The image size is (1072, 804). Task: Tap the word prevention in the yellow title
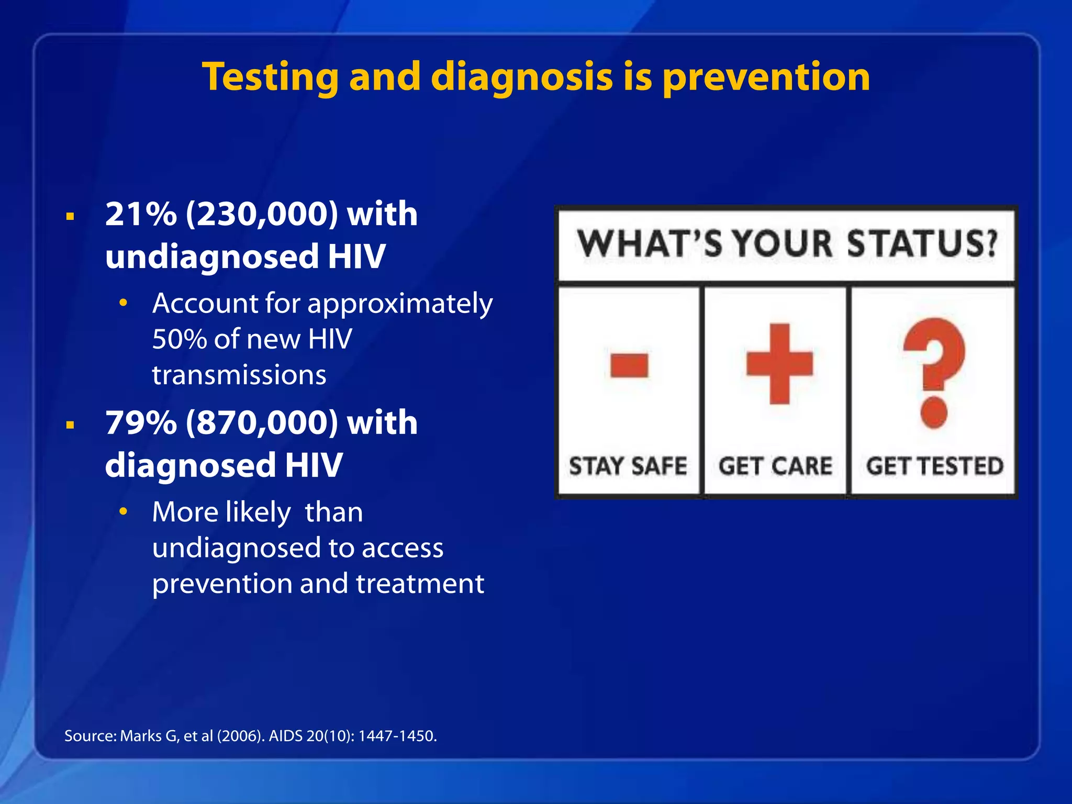pos(766,77)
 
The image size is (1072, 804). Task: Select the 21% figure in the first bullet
pos(141,214)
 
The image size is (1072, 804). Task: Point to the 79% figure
pos(141,422)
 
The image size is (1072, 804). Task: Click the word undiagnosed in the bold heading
pos(212,256)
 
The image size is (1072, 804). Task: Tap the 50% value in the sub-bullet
pos(179,339)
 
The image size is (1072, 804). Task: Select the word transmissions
pos(239,375)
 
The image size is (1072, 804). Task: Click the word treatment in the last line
pos(420,584)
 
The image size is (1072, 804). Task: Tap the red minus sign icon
pos(629,365)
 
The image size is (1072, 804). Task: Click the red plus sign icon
pos(779,364)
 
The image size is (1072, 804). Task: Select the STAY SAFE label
pos(628,466)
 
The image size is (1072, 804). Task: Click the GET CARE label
pos(775,466)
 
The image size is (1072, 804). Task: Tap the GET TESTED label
pos(934,466)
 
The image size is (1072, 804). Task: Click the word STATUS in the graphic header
pos(921,244)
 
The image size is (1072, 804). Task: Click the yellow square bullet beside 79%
pos(70,425)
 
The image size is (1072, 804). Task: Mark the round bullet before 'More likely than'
pos(123,511)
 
